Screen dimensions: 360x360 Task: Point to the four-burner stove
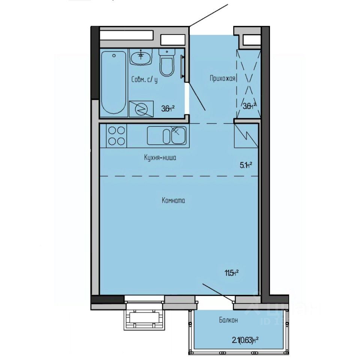click(x=116, y=135)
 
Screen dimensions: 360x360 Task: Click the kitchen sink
click(x=166, y=135)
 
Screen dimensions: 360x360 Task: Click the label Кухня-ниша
click(x=160, y=158)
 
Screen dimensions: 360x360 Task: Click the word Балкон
click(x=229, y=320)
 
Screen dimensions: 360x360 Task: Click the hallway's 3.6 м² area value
click(x=250, y=105)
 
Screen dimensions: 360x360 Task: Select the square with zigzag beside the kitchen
click(x=246, y=135)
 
